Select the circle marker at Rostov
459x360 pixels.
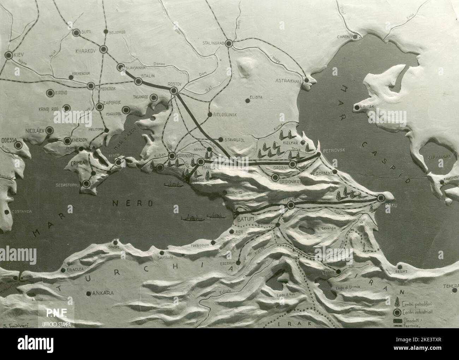174,91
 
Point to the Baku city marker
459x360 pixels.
381,198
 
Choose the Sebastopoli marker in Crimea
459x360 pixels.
86,183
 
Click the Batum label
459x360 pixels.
246,219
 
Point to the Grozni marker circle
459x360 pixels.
292,164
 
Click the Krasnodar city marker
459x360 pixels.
172,156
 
